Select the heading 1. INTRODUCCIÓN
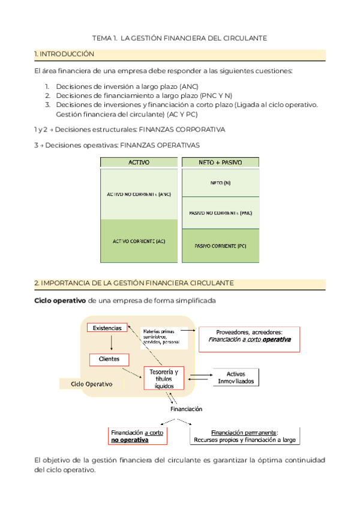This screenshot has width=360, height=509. tap(65, 54)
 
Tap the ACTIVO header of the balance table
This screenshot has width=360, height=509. tap(139, 163)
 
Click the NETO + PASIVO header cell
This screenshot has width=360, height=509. tap(220, 163)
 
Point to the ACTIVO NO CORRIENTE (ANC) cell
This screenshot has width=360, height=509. tap(139, 194)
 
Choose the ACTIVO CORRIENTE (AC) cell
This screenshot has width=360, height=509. tap(139, 241)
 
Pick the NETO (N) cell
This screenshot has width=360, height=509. tap(220, 183)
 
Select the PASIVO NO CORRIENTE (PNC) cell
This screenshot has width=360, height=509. tap(220, 212)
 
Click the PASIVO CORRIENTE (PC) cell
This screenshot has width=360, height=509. tap(220, 245)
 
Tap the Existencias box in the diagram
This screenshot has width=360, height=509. tap(107, 328)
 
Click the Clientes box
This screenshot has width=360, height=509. tap(109, 359)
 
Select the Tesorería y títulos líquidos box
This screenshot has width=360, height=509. tap(163, 379)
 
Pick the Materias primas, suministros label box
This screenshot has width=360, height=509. tap(163, 337)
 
